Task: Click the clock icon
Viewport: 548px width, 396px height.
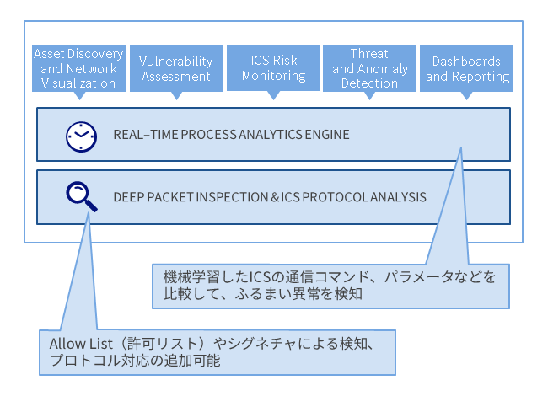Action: [x=81, y=136]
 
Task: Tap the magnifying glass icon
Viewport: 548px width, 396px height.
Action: [x=82, y=196]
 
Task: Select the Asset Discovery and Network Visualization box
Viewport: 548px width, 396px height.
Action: [x=79, y=68]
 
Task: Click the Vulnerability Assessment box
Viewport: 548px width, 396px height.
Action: [x=176, y=68]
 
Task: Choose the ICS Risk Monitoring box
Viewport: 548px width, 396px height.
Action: [x=273, y=67]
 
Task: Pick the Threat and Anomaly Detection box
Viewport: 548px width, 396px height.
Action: [x=369, y=68]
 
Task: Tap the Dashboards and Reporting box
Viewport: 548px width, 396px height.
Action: [x=466, y=68]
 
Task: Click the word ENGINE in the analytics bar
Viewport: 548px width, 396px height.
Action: [x=327, y=135]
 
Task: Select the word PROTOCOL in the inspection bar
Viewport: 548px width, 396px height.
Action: [x=335, y=197]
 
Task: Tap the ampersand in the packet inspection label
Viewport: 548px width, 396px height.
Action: [x=275, y=197]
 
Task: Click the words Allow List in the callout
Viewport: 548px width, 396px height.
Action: [x=81, y=344]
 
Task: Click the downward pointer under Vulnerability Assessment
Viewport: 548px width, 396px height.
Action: [x=176, y=96]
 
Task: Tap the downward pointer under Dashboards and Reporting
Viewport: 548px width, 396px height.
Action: [x=466, y=96]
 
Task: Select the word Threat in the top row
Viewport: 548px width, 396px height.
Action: [x=369, y=54]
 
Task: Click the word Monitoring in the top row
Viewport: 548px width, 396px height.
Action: [x=274, y=76]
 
